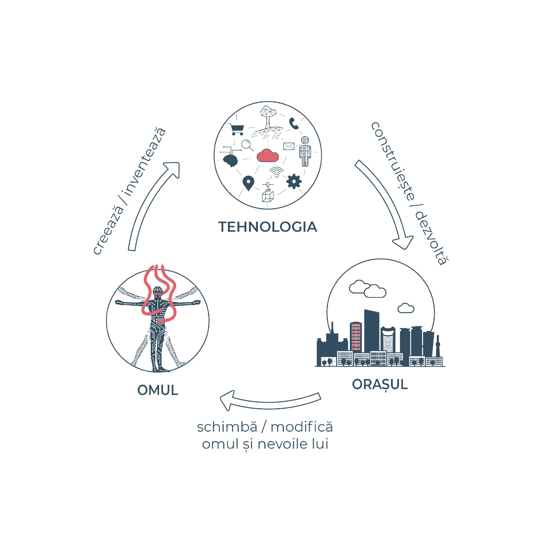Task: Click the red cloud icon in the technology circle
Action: (267, 155)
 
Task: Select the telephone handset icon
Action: (294, 123)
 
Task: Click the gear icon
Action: (294, 181)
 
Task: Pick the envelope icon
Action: (289, 146)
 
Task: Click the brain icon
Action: (230, 160)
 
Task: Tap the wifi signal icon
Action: (276, 172)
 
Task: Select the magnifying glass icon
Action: (247, 145)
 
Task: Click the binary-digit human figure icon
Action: (305, 151)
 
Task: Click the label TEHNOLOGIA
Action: (268, 227)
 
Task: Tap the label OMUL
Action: (158, 390)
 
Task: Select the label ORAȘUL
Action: (380, 385)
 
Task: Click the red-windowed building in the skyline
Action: (356, 336)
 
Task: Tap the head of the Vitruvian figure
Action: (157, 291)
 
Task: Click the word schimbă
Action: (227, 427)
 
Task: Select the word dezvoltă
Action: (432, 238)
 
